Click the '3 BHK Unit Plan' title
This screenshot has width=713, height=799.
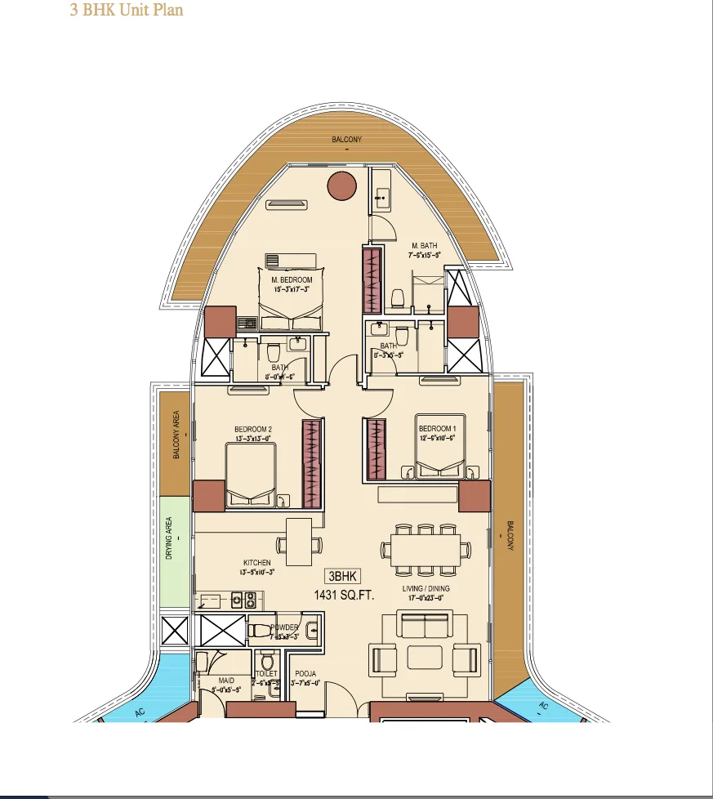[127, 11]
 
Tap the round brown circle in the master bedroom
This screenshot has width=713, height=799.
[342, 186]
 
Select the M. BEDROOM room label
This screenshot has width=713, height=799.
[292, 280]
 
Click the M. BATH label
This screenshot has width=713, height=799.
[425, 246]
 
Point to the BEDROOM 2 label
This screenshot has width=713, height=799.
[252, 430]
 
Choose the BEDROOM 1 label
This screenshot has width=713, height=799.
[435, 429]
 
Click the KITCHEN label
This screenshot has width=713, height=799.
[256, 563]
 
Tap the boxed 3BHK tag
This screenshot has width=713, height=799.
[343, 575]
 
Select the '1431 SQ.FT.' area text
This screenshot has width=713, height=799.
[344, 596]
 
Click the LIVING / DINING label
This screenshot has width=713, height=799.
[426, 588]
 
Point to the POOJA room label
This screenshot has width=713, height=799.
[305, 674]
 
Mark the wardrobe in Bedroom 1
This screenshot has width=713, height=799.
[375, 449]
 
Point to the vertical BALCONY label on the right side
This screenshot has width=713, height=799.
[510, 536]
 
